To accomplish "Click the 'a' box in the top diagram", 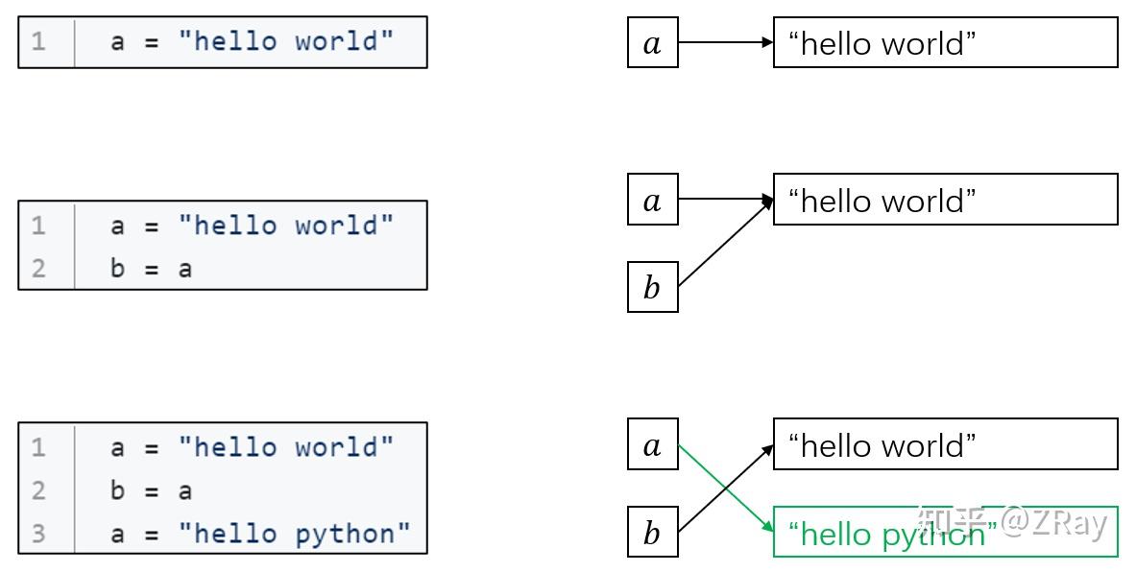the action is click(653, 43).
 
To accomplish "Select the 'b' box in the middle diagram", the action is click(653, 287).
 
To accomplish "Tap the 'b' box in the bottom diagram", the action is click(653, 532).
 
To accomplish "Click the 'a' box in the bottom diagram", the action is click(653, 443).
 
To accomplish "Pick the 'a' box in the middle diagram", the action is click(653, 199).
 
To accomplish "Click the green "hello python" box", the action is click(946, 532).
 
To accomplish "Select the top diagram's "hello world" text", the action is click(882, 43).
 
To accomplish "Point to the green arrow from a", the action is click(726, 488).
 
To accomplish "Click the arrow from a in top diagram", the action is click(726, 43).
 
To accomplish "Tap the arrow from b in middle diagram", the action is click(726, 242).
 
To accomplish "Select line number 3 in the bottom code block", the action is click(38, 533).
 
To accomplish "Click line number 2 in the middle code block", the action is click(38, 268).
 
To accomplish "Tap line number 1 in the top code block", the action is click(38, 39).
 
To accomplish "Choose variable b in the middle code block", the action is click(117, 267).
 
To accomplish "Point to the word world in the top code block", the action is click(336, 39).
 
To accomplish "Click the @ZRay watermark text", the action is click(1054, 523).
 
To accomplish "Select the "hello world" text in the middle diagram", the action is click(882, 201).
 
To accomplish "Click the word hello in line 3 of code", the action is click(235, 533).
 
